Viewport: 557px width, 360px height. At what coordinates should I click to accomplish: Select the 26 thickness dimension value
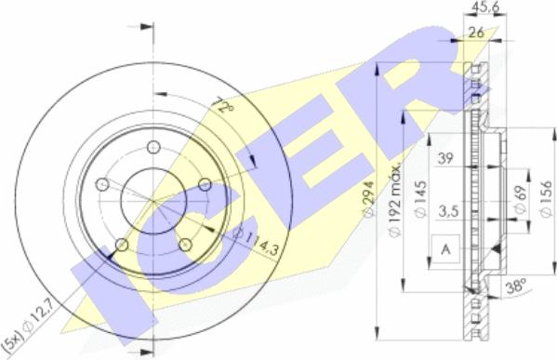pyautogui.click(x=476, y=33)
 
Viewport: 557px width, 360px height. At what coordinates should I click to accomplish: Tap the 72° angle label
pyautogui.click(x=223, y=104)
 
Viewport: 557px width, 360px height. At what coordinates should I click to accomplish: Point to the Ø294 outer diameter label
pyautogui.click(x=369, y=198)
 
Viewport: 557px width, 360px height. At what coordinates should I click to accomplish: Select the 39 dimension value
pyautogui.click(x=445, y=158)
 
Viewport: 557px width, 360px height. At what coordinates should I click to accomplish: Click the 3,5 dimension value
pyautogui.click(x=448, y=212)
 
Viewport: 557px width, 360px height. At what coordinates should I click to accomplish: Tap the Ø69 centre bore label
pyautogui.click(x=520, y=200)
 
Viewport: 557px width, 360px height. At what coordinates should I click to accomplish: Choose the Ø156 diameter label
pyautogui.click(x=547, y=198)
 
